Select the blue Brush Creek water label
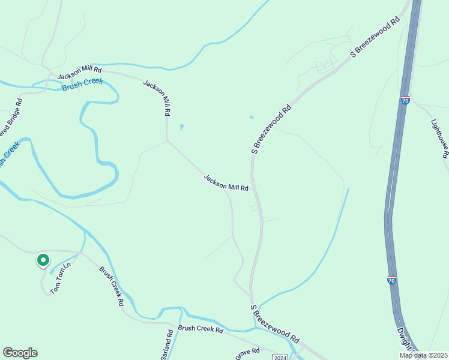pos(82,85)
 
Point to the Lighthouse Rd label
pos(440,138)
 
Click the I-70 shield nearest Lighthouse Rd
pos(406,100)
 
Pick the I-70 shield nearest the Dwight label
pos(391,280)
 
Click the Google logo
pos(20,353)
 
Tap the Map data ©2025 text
pos(423,355)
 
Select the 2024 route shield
pos(280,358)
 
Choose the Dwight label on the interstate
pos(406,340)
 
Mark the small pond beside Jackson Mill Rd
pos(181,127)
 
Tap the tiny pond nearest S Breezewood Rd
pos(251,117)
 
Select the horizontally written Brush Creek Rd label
pos(200,329)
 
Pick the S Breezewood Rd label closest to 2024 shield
pos(275,323)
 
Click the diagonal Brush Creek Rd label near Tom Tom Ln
pos(112,287)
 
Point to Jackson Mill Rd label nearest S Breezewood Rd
pos(226,183)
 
